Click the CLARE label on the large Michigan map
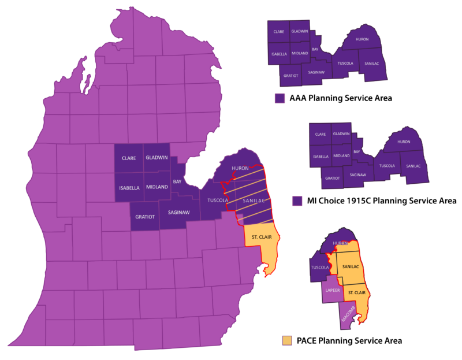[x=128, y=158]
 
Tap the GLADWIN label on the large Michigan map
[x=157, y=158]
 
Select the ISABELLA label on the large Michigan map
[x=128, y=187]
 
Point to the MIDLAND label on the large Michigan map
[x=157, y=187]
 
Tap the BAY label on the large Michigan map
[x=177, y=182]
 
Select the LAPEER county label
[x=333, y=290]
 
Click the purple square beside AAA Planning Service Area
[x=280, y=98]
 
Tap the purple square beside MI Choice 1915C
[x=297, y=201]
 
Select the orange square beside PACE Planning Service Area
[x=286, y=340]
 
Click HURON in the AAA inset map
[x=362, y=40]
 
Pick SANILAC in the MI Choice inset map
[x=414, y=166]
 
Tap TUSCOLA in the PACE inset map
[x=320, y=268]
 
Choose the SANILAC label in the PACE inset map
[x=351, y=266]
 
